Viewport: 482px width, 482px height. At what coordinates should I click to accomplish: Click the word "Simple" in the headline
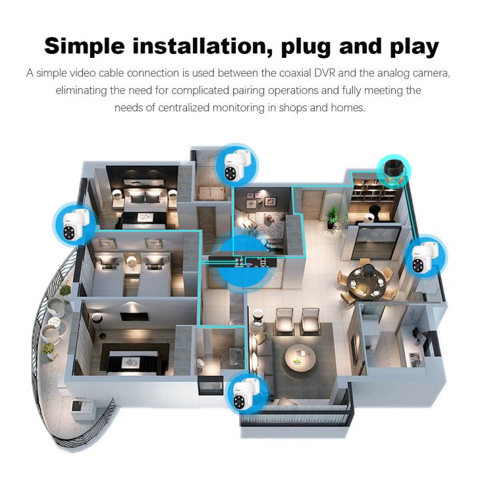click(x=84, y=47)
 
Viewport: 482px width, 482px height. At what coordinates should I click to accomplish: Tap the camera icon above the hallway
click(x=237, y=165)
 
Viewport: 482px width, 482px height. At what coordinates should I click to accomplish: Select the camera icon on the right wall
click(x=426, y=256)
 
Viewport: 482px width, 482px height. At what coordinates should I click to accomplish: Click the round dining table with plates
click(x=365, y=281)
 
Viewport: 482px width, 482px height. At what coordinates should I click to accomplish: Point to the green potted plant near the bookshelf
click(x=332, y=217)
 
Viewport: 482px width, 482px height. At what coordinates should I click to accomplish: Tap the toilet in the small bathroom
click(x=202, y=364)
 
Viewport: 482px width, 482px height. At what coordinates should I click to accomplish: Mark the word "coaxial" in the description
click(x=295, y=73)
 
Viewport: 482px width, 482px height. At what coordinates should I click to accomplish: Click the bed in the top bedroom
click(x=143, y=212)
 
